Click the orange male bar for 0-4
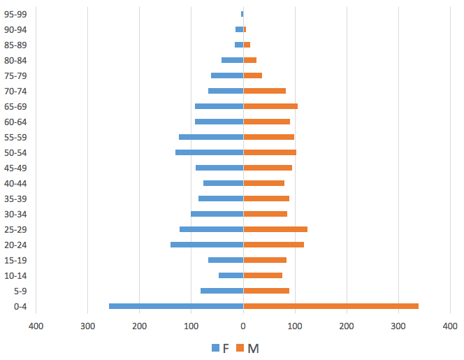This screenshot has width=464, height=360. [x=331, y=306]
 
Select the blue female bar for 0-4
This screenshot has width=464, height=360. [x=176, y=306]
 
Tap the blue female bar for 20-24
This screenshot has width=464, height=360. [x=207, y=245]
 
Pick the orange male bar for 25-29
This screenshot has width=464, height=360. [x=275, y=229]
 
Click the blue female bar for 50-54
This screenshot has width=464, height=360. [x=209, y=152]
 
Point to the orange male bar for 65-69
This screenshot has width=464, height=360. [x=270, y=106]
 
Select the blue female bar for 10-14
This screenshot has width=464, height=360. [x=231, y=275]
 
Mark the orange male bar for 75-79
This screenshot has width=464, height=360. [x=252, y=75]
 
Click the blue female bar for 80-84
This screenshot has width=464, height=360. [x=232, y=60]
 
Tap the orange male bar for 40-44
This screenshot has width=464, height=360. [x=263, y=183]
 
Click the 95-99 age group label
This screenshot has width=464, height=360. [x=15, y=14]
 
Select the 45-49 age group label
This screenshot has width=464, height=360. [x=15, y=168]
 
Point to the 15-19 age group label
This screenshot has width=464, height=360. [x=15, y=260]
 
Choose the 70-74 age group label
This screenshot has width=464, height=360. [x=15, y=91]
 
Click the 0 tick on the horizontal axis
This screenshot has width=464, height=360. [x=243, y=326]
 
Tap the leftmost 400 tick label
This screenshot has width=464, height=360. [x=36, y=326]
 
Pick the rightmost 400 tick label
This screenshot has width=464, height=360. [x=450, y=326]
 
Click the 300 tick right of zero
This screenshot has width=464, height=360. [x=398, y=326]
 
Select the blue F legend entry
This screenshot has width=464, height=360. [x=220, y=347]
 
